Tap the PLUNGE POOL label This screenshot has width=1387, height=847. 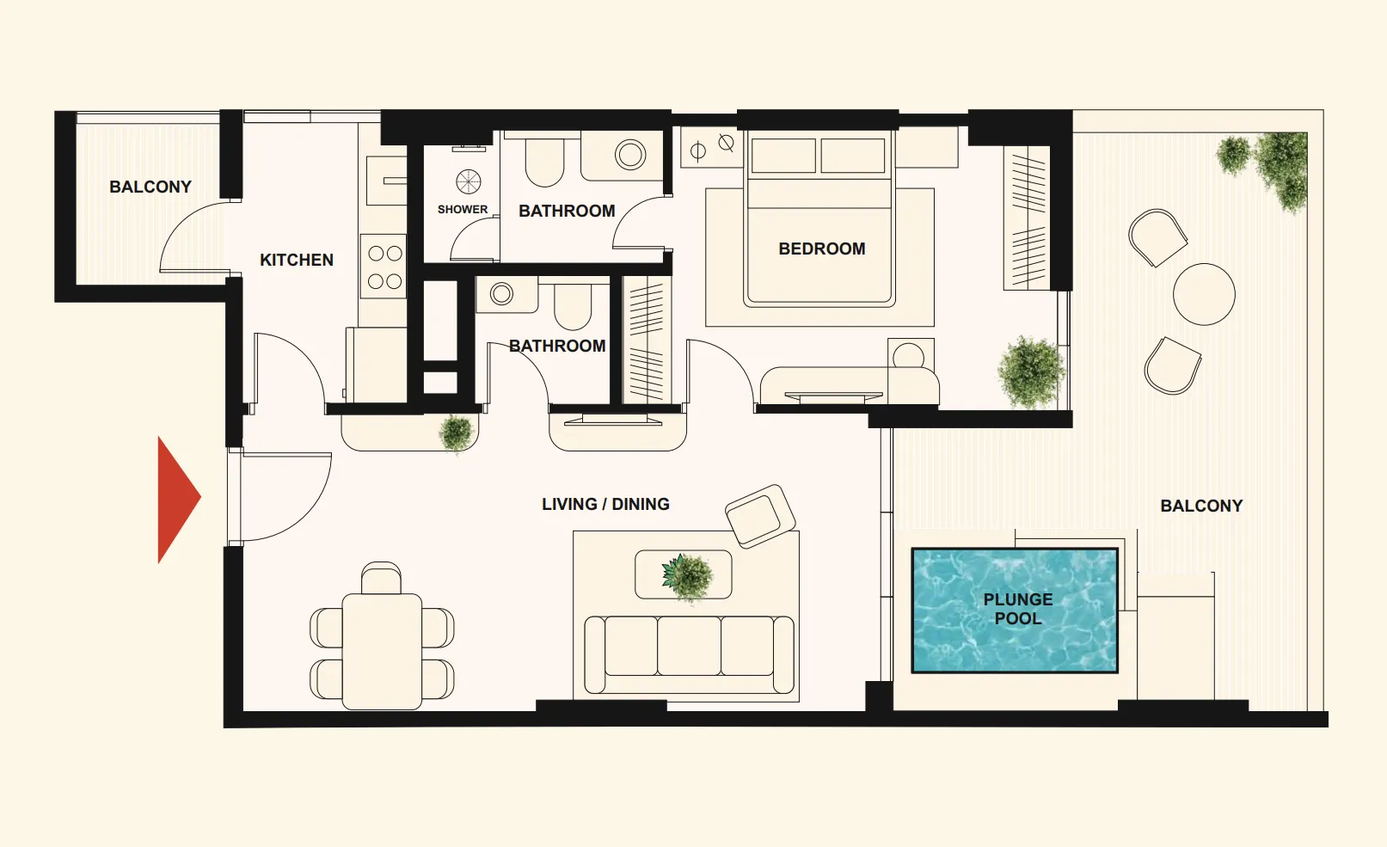pyautogui.click(x=1018, y=609)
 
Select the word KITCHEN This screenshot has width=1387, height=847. pyautogui.click(x=297, y=260)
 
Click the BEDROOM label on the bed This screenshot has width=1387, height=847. pyautogui.click(x=822, y=249)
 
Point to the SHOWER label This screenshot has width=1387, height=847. pyautogui.click(x=463, y=209)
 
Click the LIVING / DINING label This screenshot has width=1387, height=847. pyautogui.click(x=605, y=504)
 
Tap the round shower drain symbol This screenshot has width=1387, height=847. pyautogui.click(x=468, y=181)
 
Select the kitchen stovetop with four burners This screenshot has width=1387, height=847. pyautogui.click(x=384, y=267)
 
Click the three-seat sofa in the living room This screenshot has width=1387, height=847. pyautogui.click(x=689, y=654)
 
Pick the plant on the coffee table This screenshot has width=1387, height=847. pyautogui.click(x=687, y=578)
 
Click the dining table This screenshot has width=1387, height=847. pyautogui.click(x=382, y=651)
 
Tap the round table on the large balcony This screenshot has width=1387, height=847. pyautogui.click(x=1204, y=294)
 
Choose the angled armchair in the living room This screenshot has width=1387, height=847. pyautogui.click(x=760, y=516)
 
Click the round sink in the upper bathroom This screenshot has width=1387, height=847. pyautogui.click(x=630, y=155)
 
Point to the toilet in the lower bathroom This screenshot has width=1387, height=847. pyautogui.click(x=573, y=306)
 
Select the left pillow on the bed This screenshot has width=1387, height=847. pyautogui.click(x=783, y=156)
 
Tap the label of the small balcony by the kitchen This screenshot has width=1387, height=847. pyautogui.click(x=150, y=187)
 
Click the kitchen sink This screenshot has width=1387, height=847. pyautogui.click(x=386, y=181)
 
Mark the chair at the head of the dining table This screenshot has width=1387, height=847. pyautogui.click(x=381, y=577)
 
